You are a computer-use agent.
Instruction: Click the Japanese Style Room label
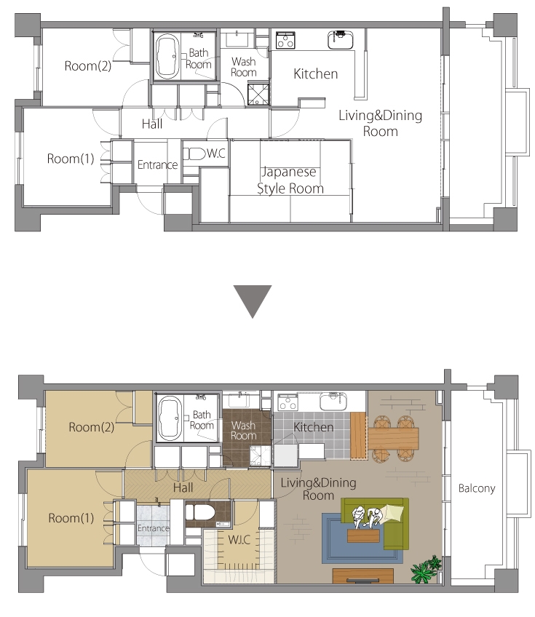[290, 180]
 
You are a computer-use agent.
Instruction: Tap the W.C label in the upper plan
[216, 153]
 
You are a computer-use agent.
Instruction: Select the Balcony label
[477, 488]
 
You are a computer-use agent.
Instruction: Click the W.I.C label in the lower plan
[239, 539]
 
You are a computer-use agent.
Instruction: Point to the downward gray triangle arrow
[253, 301]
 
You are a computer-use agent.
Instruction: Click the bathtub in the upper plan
[167, 57]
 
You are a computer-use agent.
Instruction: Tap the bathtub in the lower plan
[170, 418]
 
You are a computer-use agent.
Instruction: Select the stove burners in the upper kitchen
[285, 40]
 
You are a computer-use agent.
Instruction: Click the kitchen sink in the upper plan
[340, 40]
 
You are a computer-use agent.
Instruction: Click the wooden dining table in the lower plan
[393, 439]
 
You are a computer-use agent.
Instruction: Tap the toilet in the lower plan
[200, 513]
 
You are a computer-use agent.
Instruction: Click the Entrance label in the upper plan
[157, 164]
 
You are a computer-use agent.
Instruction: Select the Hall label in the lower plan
[183, 488]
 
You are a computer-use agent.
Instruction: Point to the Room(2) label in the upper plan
[88, 65]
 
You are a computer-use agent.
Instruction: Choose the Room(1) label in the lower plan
[71, 518]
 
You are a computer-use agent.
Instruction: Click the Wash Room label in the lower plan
[244, 431]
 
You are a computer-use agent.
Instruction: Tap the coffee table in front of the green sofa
[363, 536]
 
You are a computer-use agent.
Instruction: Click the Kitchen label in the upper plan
[316, 73]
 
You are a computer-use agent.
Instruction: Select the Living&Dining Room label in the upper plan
[380, 123]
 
